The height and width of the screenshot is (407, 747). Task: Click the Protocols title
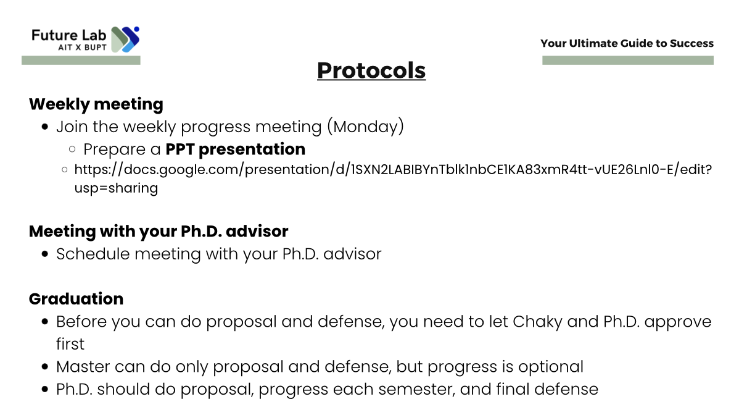[x=371, y=70]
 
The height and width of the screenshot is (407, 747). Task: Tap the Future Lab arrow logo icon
[x=125, y=40]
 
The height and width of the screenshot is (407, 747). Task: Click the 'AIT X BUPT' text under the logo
[x=83, y=48]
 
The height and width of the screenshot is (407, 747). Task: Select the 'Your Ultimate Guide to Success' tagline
[x=627, y=43]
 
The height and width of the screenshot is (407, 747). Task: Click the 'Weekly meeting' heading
[x=96, y=104]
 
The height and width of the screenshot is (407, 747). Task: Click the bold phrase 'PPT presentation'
[x=236, y=149]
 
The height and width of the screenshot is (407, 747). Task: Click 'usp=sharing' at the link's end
[x=116, y=188]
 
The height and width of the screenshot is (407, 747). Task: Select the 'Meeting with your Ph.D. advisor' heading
[x=159, y=232]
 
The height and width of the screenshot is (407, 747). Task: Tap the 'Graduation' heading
[x=76, y=299]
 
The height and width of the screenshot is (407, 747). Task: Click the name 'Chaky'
[x=537, y=322]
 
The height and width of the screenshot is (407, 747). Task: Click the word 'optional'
[x=551, y=367]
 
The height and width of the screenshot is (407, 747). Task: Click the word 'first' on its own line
[x=70, y=344]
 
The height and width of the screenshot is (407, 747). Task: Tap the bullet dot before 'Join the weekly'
[x=45, y=127]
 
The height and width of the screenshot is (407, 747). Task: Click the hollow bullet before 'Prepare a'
[x=72, y=149]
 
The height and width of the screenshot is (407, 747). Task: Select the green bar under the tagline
[x=628, y=61]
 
